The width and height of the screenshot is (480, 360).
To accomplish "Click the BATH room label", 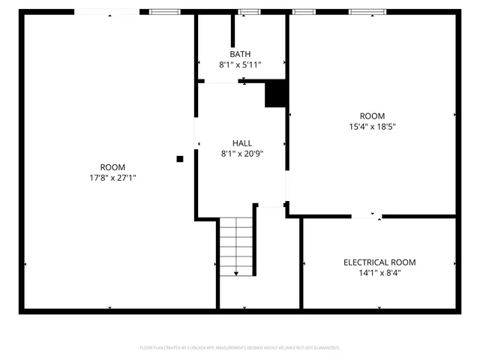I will tap(241, 55).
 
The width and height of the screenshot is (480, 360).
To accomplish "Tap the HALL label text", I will tap(241, 143).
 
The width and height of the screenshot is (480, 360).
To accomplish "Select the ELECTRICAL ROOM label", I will tap(379, 262).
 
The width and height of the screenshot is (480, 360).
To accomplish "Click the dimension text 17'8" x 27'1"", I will tap(112, 178).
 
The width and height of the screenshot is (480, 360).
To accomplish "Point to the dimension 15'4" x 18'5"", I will tap(372, 127).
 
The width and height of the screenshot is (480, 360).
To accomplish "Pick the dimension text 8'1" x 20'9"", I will tap(241, 154).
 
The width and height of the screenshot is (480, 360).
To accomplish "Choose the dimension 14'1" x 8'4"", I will tap(379, 273).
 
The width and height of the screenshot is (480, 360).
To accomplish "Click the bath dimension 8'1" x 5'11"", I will tap(241, 65).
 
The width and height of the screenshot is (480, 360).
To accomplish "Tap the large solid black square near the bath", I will tap(277, 93).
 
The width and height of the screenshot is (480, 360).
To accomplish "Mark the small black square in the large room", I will tap(180, 159).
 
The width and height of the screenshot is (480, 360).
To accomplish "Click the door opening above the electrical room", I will tap(366, 217).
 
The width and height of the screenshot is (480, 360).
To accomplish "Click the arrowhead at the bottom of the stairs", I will tap(236, 274).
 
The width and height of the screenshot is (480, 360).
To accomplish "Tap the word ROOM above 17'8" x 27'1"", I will tap(112, 167).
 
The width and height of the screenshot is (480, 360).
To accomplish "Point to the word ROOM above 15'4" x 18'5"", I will tap(372, 116).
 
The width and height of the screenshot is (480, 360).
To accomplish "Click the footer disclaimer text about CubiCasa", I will tap(240, 348).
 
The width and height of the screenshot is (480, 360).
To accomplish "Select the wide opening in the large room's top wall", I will tap(107, 12).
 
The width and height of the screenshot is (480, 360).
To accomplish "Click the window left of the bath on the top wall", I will tap(165, 12).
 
